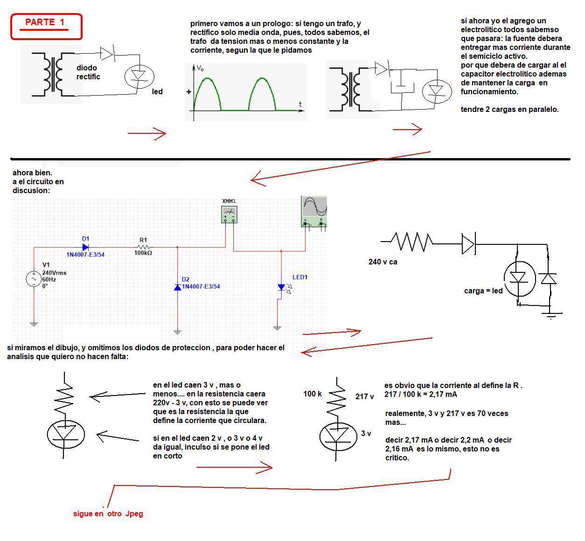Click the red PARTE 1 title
[45, 22]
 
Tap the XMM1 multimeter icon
[229, 215]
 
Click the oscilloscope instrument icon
[314, 211]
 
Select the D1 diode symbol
[85, 247]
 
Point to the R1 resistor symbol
[144, 247]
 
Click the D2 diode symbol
[178, 287]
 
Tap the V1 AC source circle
[34, 278]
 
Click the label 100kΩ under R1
[143, 253]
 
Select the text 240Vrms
[54, 273]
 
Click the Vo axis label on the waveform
[200, 69]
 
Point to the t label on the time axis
[300, 104]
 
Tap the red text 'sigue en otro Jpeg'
[108, 513]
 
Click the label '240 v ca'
[383, 262]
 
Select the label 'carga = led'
[483, 291]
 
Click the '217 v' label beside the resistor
[364, 397]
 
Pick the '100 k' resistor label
[313, 394]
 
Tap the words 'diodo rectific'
[88, 72]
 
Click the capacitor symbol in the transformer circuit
[402, 87]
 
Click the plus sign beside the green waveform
[189, 91]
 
